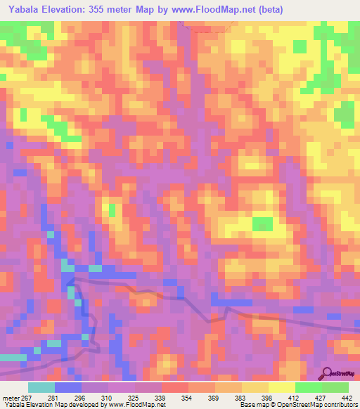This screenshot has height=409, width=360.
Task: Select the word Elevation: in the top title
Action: [x=65, y=10]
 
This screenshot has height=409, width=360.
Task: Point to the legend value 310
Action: [x=109, y=397]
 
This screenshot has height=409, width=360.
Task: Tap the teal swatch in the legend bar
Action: [x=41, y=387]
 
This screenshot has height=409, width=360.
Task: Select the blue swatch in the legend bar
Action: [x=68, y=387]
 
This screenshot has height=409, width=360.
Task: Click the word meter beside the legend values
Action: [x=10, y=397]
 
